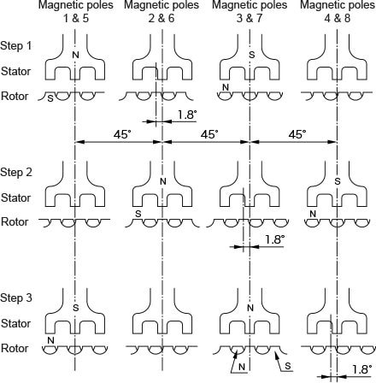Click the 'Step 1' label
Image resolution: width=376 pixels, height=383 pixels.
(x=16, y=45)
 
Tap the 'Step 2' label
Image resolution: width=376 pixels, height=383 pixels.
(x=16, y=172)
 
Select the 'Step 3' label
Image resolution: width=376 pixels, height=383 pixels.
(x=16, y=298)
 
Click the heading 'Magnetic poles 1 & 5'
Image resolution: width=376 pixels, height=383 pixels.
(x=76, y=12)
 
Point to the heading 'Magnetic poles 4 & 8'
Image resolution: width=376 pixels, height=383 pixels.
(x=338, y=12)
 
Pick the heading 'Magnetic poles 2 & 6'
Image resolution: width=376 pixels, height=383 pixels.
(x=162, y=12)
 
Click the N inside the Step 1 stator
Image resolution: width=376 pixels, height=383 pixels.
(x=75, y=55)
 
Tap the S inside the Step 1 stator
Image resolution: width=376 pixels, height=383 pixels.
(x=251, y=55)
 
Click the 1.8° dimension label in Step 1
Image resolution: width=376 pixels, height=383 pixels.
(x=187, y=115)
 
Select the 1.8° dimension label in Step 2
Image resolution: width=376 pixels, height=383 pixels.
(x=275, y=239)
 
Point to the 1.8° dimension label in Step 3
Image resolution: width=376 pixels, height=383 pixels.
(x=362, y=369)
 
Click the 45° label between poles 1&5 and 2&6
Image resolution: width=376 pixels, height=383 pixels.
(x=123, y=134)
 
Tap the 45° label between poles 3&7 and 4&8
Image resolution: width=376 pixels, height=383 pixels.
(x=297, y=134)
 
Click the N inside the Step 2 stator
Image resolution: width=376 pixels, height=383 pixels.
(x=163, y=181)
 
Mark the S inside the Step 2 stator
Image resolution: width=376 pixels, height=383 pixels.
(x=338, y=181)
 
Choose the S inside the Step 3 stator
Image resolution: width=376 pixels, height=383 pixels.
(x=75, y=308)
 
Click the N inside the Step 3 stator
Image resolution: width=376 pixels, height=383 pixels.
(x=250, y=308)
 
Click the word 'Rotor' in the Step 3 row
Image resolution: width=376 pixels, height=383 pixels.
(x=15, y=348)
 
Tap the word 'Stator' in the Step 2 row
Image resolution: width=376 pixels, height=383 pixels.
(x=16, y=197)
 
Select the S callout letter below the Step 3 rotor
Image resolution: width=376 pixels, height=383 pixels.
(x=288, y=366)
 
